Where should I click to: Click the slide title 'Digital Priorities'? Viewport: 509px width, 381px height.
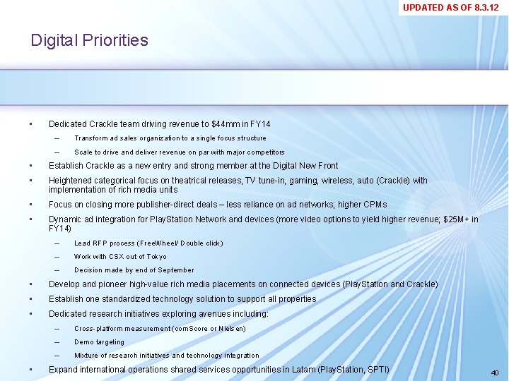coord(89,40)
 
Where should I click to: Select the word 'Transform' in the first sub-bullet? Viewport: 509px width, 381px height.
coord(90,138)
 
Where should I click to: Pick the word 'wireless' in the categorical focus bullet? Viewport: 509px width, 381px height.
coord(338,181)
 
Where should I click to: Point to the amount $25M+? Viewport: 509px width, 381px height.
coord(456,219)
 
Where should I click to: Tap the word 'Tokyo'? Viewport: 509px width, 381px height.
coord(156,257)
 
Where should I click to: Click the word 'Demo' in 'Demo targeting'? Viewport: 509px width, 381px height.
coord(83,342)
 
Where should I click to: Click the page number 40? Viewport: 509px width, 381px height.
coord(494,372)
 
